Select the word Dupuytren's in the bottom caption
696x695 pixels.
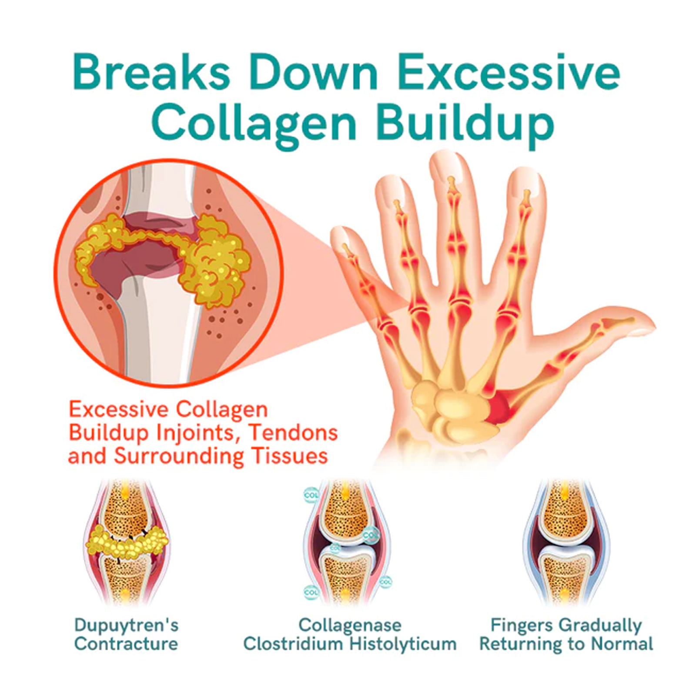pos(126,625)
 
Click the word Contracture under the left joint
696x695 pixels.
pos(126,644)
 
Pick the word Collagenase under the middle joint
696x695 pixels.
pos(350,625)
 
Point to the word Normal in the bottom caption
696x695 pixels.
pos(623,644)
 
